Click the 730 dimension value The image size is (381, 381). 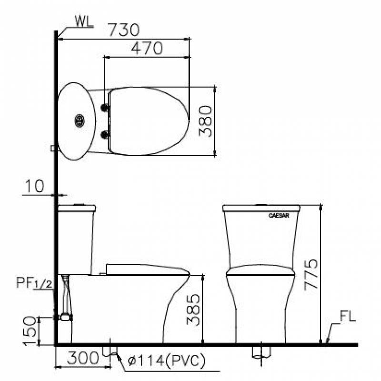(x=124, y=30)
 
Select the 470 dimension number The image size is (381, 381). (x=147, y=48)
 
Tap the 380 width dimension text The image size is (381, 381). (x=205, y=121)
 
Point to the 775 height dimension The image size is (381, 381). (x=311, y=275)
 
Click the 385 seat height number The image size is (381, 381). (x=193, y=310)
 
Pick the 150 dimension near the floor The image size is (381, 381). (x=30, y=331)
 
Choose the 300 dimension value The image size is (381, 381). (x=83, y=358)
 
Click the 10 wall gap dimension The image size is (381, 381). (x=35, y=186)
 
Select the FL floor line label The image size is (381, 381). (x=348, y=317)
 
